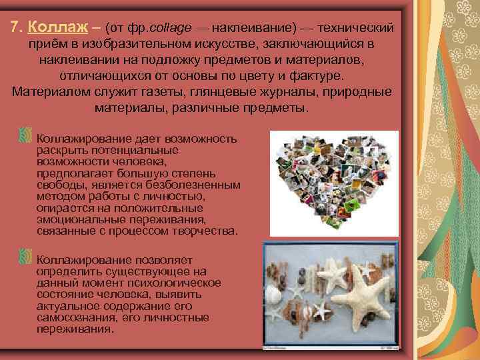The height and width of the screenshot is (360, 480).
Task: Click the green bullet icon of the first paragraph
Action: [x=25, y=135]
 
